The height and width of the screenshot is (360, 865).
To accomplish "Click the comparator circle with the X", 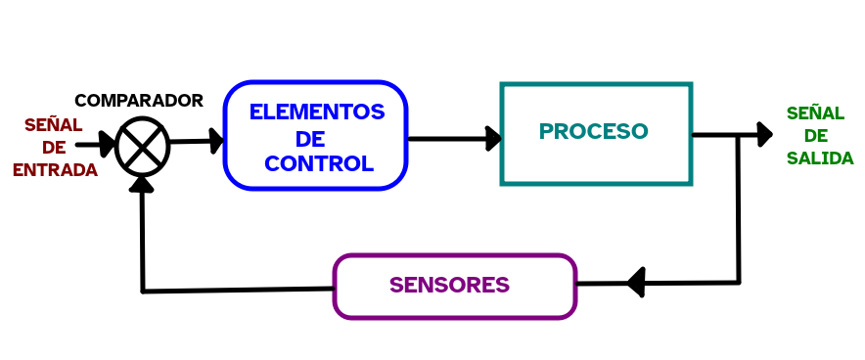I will pos(143,145).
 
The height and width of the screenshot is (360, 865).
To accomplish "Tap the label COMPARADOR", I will pos(139,101).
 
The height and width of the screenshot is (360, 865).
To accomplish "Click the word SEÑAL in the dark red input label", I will pos(53,125).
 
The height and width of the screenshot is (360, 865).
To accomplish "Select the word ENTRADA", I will pos(55,170).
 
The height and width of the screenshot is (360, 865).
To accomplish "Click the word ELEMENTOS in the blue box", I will pos(316,112).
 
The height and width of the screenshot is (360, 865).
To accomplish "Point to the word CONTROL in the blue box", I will pos(319,164).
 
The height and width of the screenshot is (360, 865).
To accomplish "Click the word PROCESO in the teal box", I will pos(593,131).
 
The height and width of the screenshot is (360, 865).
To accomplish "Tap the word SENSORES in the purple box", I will pos(449,286).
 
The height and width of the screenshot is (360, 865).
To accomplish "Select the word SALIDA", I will pos(820,158).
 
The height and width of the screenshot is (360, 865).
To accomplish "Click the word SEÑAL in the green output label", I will pos(815,113).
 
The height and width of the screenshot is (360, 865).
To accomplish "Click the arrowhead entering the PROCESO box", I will pos(493,138).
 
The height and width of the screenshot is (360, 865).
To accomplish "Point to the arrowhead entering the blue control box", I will pos(214,141).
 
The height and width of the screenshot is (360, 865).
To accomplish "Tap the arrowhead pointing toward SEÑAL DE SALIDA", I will pos(763,134).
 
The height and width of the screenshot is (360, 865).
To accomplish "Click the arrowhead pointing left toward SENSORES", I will pos(636,283).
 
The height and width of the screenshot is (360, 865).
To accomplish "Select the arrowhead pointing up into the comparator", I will pos(143,183).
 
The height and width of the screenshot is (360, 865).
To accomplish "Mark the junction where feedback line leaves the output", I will pos(738,135).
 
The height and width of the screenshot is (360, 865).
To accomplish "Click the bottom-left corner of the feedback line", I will pos(144,291).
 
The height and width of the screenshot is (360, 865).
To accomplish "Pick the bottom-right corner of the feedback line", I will pos(738,283).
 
